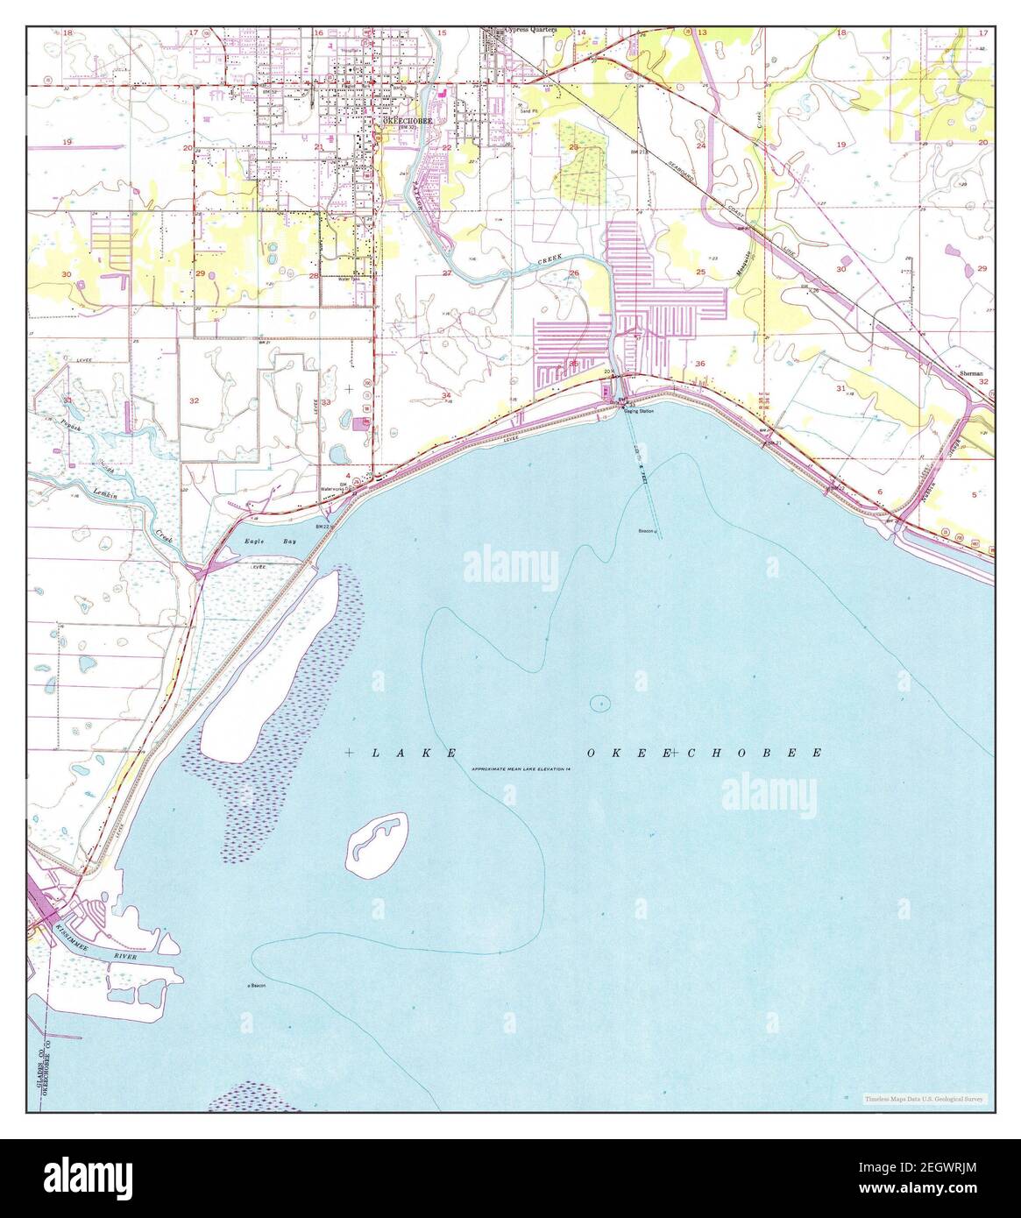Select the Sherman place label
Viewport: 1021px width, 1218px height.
pyautogui.click(x=971, y=372)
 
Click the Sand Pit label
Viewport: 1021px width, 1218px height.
pyautogui.click(x=530, y=112)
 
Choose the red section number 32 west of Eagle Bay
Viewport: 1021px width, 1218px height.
pyautogui.click(x=194, y=400)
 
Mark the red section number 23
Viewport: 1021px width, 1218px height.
pyautogui.click(x=574, y=147)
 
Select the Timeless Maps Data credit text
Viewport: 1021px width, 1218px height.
pyautogui.click(x=923, y=1098)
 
